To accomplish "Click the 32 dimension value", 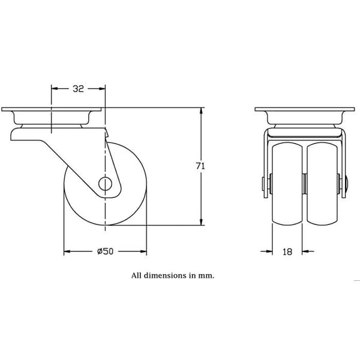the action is click(x=79, y=89).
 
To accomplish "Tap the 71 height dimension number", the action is click(x=200, y=166).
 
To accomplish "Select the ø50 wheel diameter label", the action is click(x=105, y=251).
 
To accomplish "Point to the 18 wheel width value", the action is click(x=287, y=252).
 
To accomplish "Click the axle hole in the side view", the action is click(x=105, y=184).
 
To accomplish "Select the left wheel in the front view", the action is click(x=287, y=184).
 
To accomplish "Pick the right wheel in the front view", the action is click(x=322, y=184).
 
